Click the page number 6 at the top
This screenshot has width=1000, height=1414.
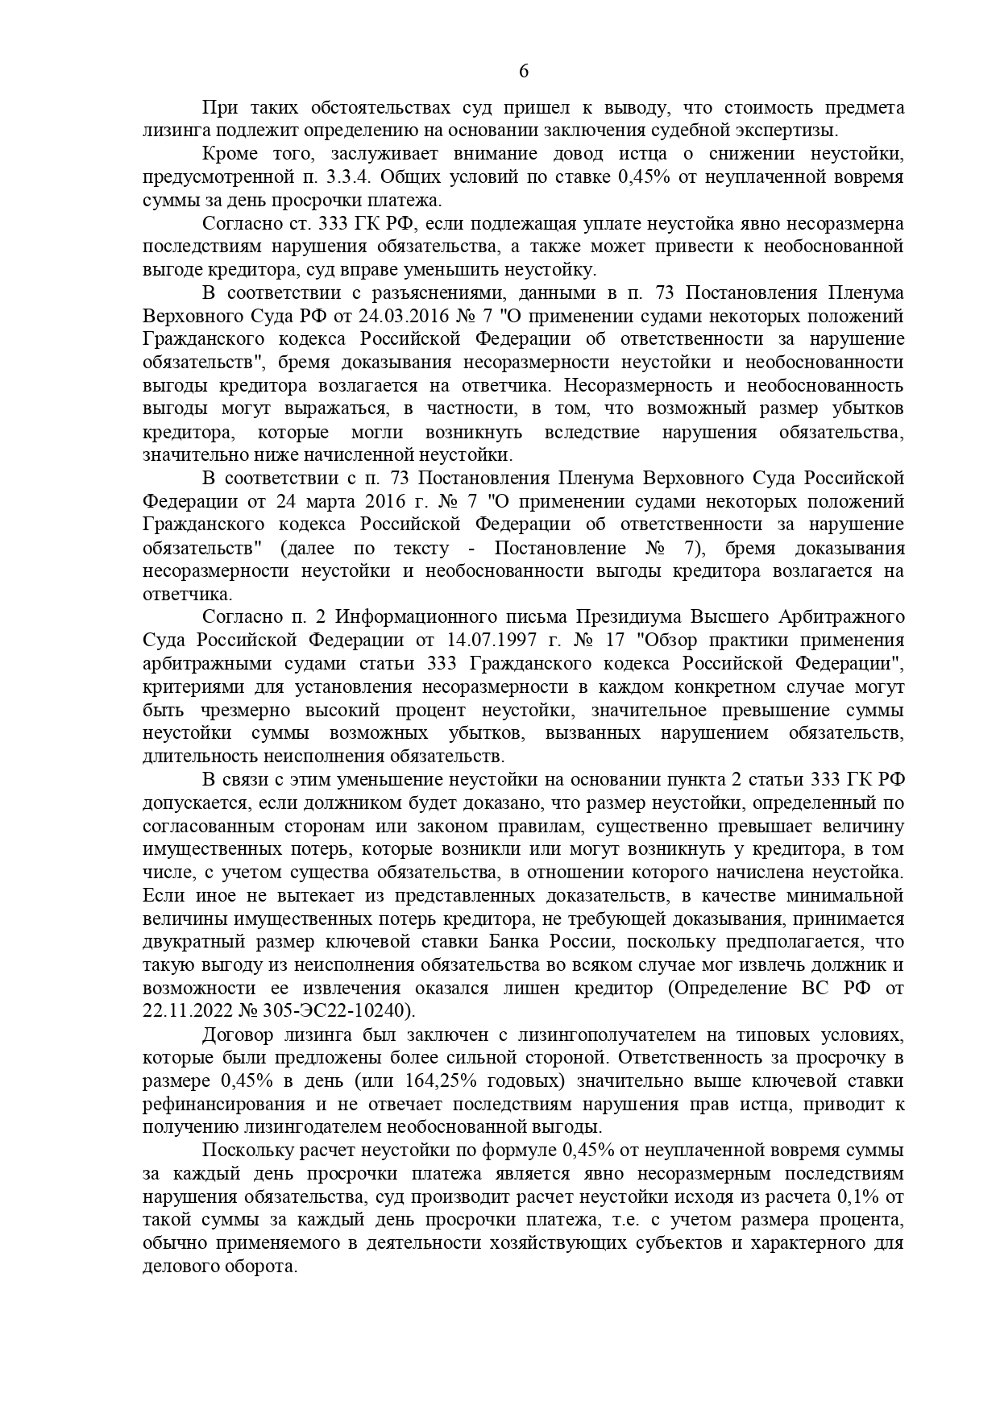pyautogui.click(x=523, y=72)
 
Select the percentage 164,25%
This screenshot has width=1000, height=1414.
pyautogui.click(x=465, y=1080)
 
